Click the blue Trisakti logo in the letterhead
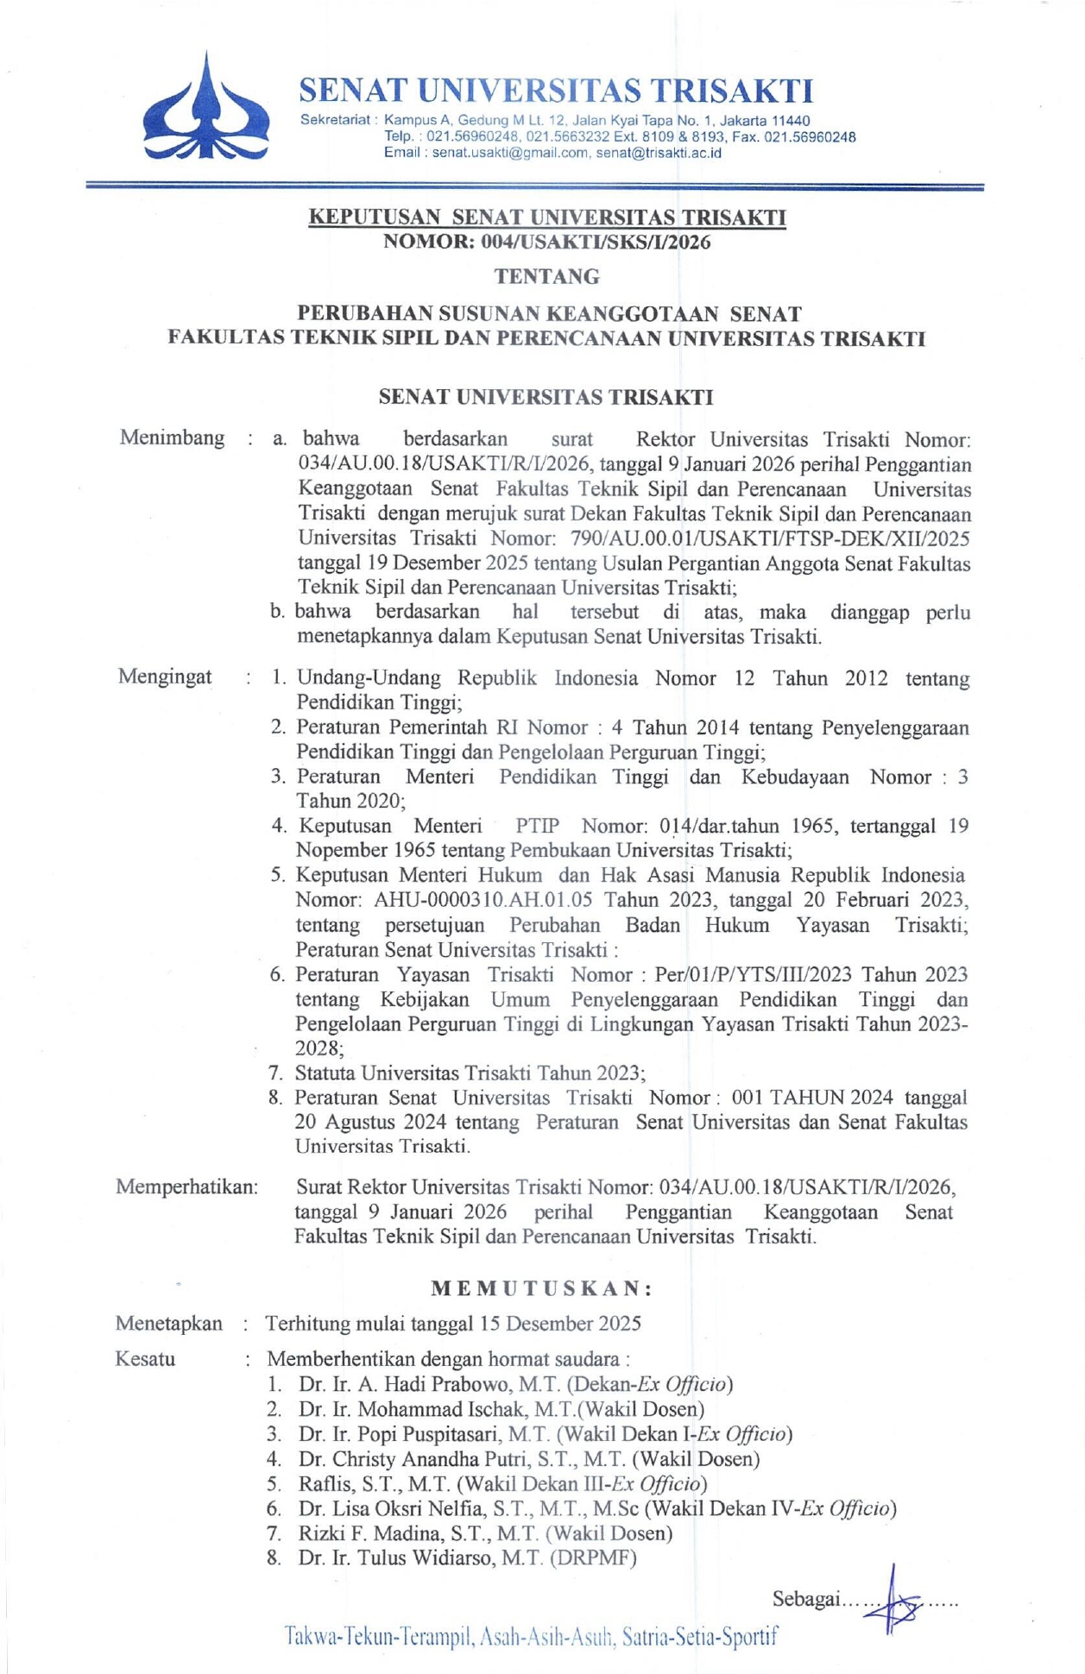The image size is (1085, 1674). click(205, 108)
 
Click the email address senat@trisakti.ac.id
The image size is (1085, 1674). click(659, 153)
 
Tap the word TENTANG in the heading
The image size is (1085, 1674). click(547, 277)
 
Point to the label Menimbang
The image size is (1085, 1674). click(172, 437)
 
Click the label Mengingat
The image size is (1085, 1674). click(165, 677)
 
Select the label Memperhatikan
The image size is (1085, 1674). click(186, 1187)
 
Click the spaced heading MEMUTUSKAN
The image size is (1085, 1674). click(541, 1288)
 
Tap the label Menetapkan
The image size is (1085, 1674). click(169, 1324)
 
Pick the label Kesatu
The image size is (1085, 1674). click(145, 1359)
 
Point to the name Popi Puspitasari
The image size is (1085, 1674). click(428, 1434)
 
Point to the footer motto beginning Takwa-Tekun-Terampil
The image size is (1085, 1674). click(531, 1635)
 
